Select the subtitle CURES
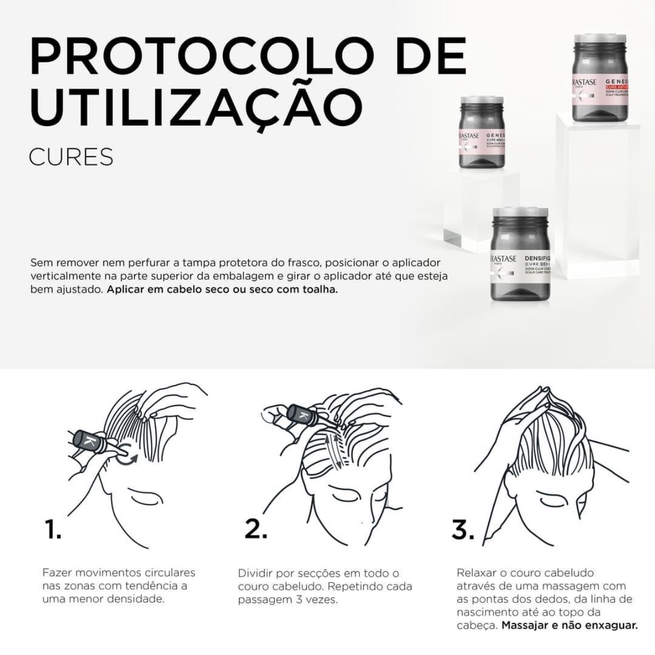click(x=71, y=157)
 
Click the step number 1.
click(x=53, y=530)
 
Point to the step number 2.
click(x=255, y=529)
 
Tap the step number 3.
click(x=463, y=529)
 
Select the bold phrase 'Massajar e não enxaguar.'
click(x=569, y=625)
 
